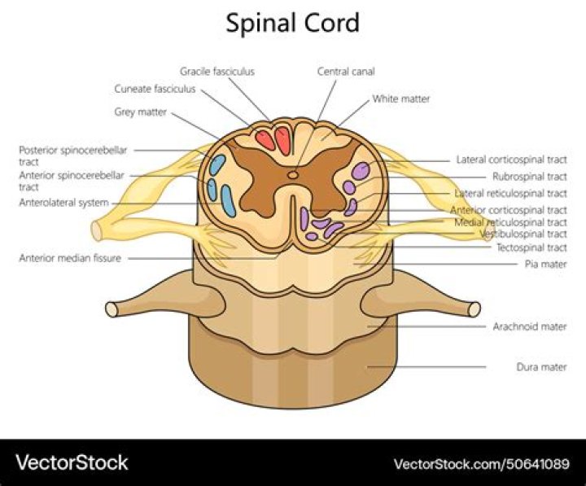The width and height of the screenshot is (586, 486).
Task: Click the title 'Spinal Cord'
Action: pos(292,23)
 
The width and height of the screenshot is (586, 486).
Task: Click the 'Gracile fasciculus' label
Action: pos(217,72)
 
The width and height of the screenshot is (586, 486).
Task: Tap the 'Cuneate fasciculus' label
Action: pos(155,89)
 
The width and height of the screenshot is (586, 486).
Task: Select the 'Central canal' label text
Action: pos(346,72)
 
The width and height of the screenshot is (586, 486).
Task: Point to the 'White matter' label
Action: pos(401,99)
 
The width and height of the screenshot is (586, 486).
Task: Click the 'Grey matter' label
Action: pos(141,112)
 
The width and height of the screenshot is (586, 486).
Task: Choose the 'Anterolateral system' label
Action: pos(63,203)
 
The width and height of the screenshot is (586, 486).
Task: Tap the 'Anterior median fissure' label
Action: pos(70,258)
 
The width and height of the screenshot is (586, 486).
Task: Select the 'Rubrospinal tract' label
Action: pos(529,177)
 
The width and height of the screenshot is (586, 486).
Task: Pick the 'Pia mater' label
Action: pos(545,265)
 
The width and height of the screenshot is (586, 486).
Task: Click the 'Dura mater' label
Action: pos(541,367)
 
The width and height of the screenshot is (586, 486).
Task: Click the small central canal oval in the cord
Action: pos(293,173)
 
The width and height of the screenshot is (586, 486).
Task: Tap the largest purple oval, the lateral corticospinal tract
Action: pos(361,171)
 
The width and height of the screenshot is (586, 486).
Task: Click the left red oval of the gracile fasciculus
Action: pos(265,140)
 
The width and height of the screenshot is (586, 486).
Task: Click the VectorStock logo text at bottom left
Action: pos(72,463)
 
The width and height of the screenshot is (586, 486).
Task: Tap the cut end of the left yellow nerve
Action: pos(97,230)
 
